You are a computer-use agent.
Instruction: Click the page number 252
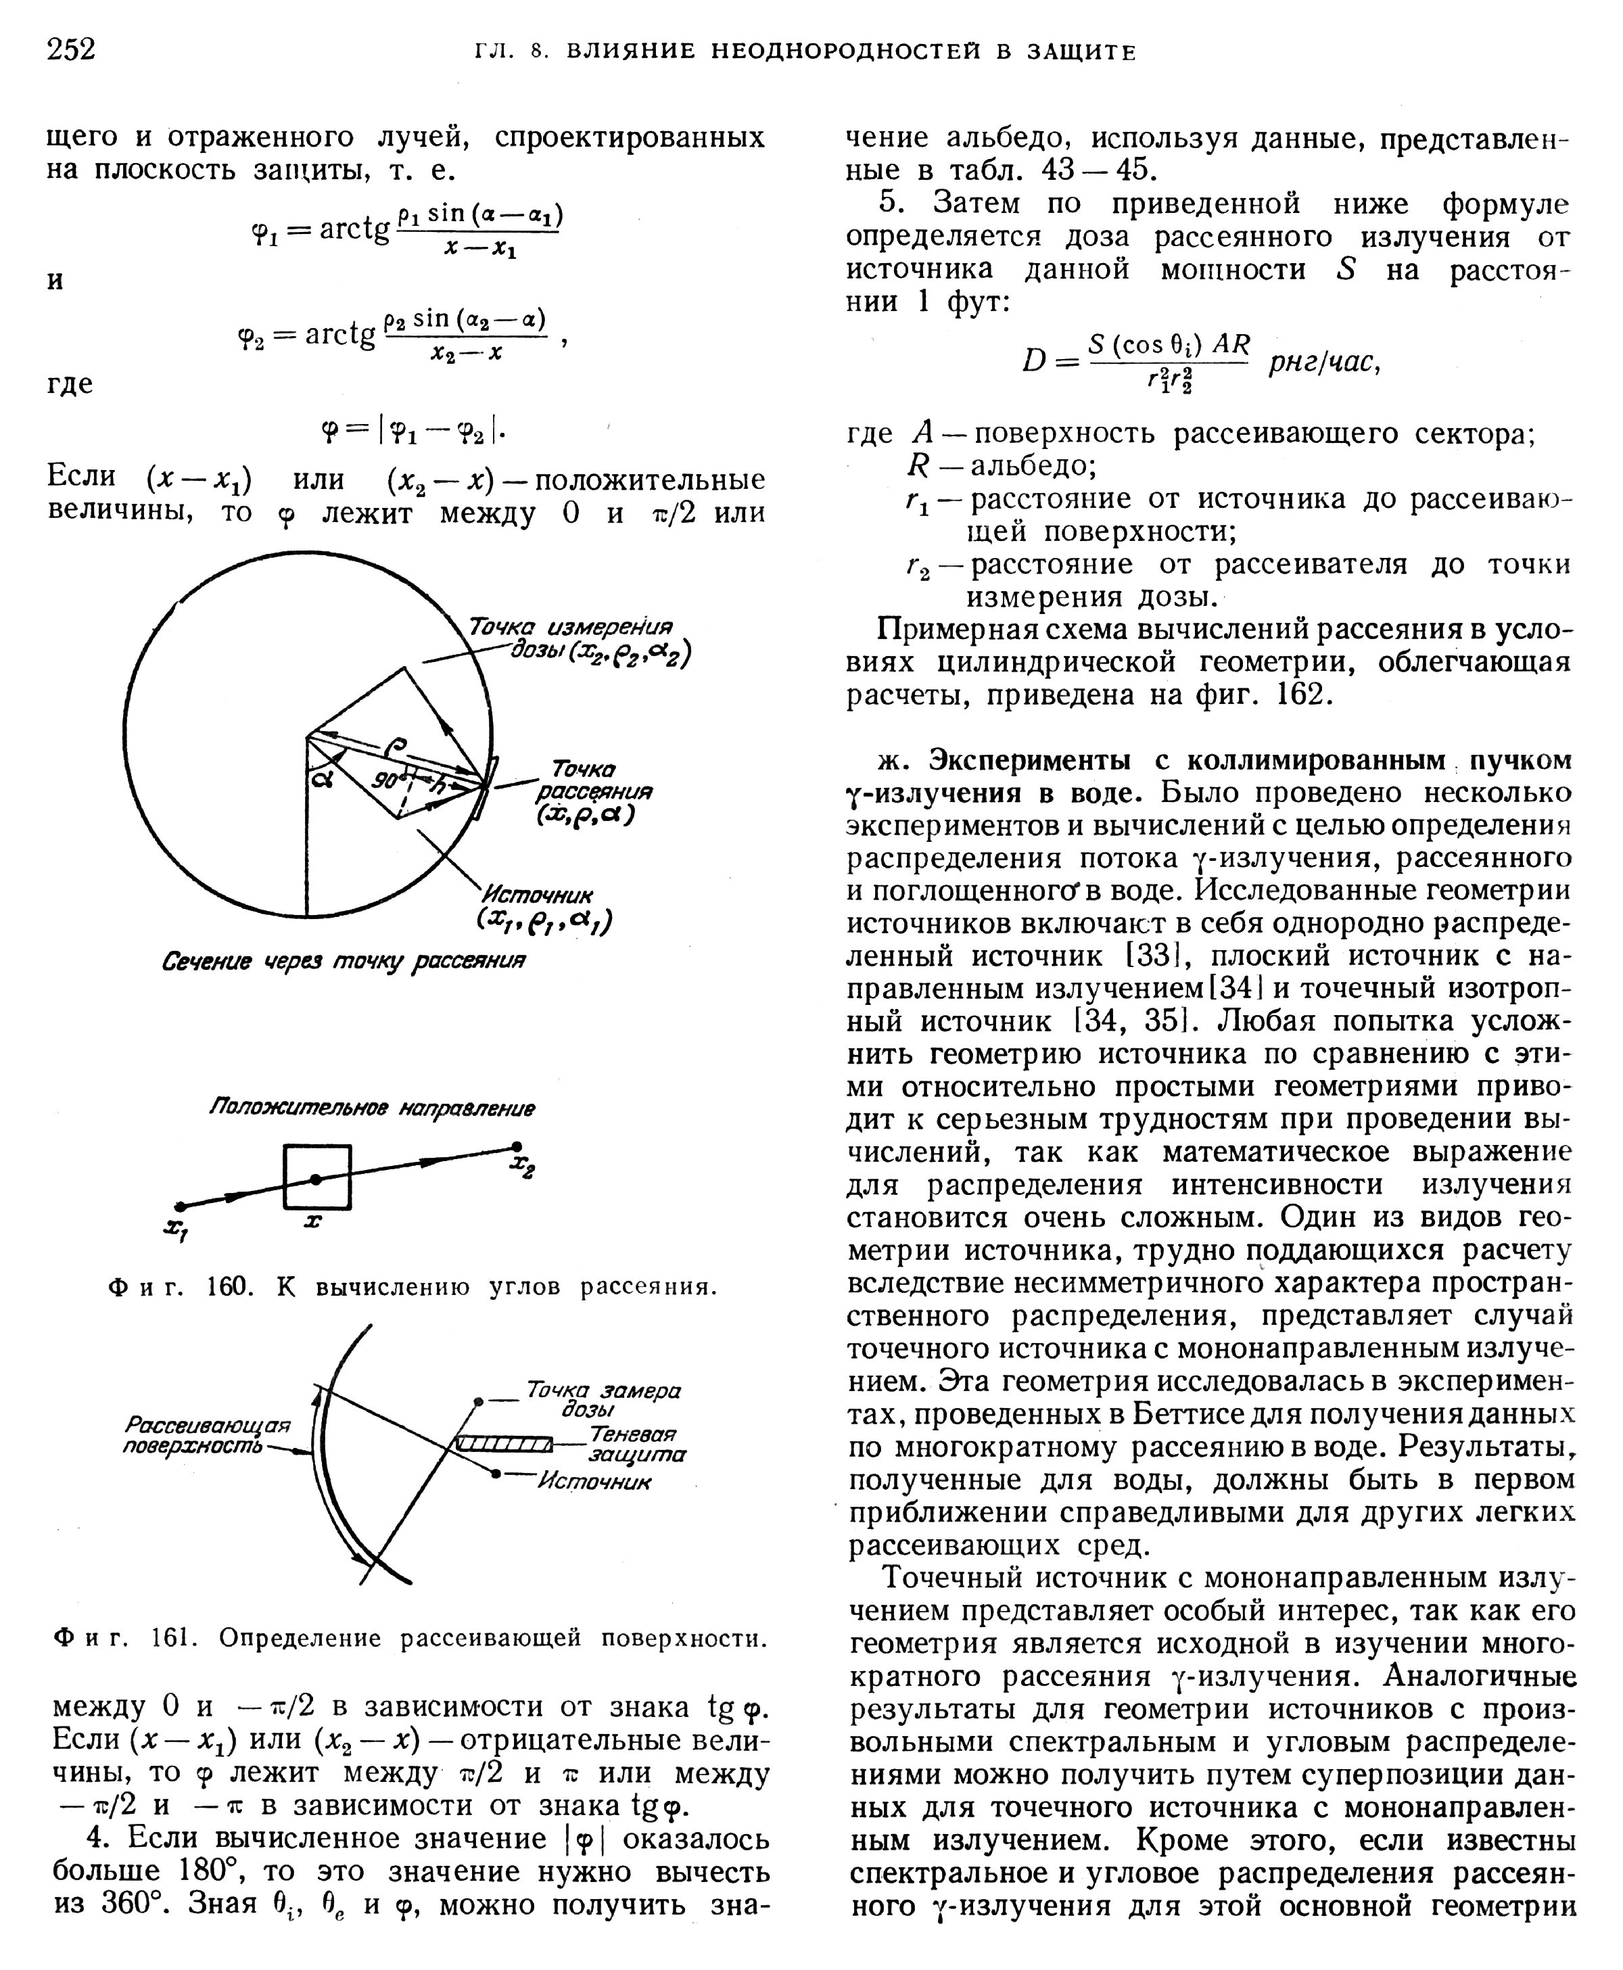tap(71, 48)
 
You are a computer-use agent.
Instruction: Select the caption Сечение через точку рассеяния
tap(343, 961)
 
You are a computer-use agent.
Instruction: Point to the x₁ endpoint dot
tap(181, 1206)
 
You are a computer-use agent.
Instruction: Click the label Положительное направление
tap(371, 1108)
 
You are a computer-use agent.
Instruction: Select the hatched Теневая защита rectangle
tap(504, 1445)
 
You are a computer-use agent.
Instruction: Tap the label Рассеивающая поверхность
tap(207, 1435)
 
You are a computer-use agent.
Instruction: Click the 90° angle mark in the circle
tap(386, 778)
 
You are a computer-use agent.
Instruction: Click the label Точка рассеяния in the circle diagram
tap(592, 791)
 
